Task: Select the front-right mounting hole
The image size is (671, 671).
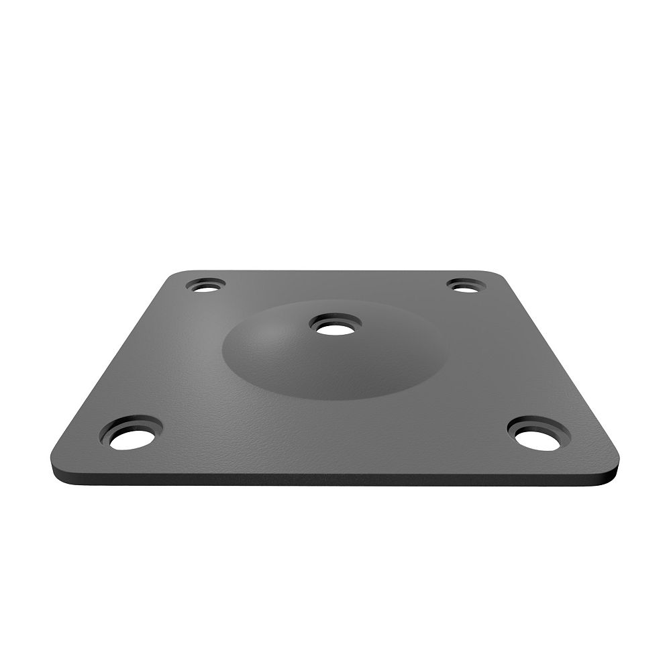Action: [x=537, y=437]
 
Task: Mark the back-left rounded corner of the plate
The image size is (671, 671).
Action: [x=176, y=274]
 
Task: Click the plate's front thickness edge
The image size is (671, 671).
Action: [x=335, y=478]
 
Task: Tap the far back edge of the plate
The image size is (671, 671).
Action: [x=335, y=270]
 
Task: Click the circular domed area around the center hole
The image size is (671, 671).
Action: [x=282, y=356]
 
